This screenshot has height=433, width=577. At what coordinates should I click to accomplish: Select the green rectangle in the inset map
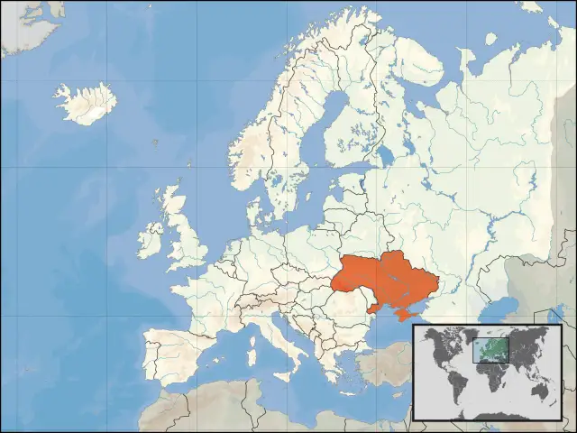(491, 350)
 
